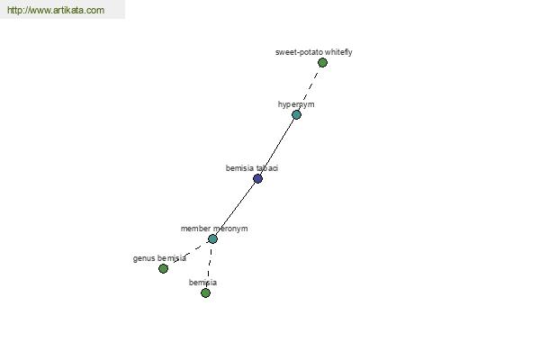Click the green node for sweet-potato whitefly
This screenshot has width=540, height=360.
(322, 63)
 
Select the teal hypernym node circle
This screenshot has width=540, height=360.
(296, 114)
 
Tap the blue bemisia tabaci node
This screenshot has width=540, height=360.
(257, 178)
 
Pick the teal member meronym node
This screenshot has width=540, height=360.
(212, 238)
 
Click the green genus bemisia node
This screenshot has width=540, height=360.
(163, 268)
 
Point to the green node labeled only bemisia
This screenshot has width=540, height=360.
(205, 292)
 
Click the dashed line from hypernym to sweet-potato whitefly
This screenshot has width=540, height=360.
(310, 88)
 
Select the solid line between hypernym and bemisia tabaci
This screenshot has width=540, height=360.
(277, 147)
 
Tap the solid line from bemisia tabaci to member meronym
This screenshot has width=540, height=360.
(236, 209)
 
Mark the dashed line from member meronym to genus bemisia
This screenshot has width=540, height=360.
(188, 253)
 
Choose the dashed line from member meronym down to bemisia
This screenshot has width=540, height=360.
(209, 265)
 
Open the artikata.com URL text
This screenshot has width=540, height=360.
(56, 10)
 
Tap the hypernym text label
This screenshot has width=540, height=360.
(296, 104)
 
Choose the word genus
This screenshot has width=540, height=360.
(144, 258)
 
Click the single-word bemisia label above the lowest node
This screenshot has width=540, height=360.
(202, 283)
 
